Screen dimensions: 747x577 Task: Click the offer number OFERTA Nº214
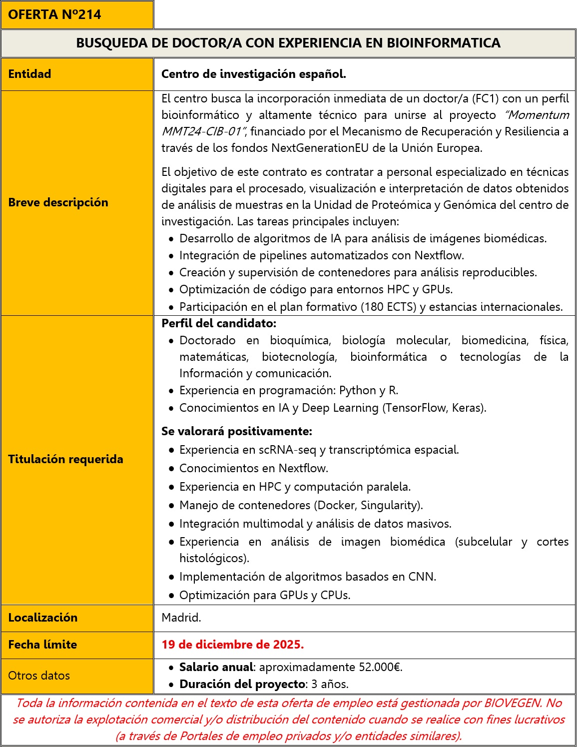click(x=54, y=14)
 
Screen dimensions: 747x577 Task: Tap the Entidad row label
click(x=29, y=74)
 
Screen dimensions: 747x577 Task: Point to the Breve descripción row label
click(x=58, y=202)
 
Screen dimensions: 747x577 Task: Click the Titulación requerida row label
click(x=65, y=459)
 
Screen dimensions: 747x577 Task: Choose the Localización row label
click(x=42, y=618)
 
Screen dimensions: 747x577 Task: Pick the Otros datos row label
click(x=39, y=676)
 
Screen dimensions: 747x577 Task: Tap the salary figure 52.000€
click(x=380, y=667)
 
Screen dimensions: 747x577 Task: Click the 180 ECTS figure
click(x=388, y=307)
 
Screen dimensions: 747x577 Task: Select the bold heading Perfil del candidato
click(x=219, y=323)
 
